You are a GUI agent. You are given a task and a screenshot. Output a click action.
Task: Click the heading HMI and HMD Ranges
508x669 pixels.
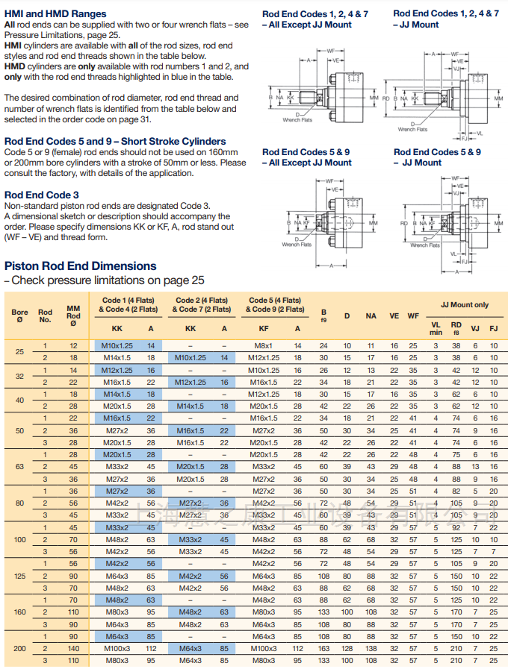coord(55,13)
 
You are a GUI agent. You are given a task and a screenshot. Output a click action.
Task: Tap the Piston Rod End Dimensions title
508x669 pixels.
coord(81,266)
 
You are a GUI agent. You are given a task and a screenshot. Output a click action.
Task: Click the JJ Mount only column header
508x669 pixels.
coord(464,304)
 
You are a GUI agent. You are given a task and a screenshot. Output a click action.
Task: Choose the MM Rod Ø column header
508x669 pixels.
coord(73,315)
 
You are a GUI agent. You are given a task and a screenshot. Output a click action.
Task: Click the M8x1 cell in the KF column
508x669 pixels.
coord(263,346)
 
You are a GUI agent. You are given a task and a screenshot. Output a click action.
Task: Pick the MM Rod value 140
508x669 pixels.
coord(73,649)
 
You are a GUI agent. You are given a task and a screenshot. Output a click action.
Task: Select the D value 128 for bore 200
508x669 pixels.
coord(347,649)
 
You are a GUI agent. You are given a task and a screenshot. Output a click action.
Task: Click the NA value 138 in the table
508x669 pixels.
coord(371,649)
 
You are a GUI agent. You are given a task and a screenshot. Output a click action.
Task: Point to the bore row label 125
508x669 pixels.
coord(19,576)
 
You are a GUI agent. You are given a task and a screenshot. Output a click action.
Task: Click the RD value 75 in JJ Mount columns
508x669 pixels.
coord(456,455)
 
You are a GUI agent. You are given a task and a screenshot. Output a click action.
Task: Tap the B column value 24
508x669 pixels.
coord(323,346)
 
